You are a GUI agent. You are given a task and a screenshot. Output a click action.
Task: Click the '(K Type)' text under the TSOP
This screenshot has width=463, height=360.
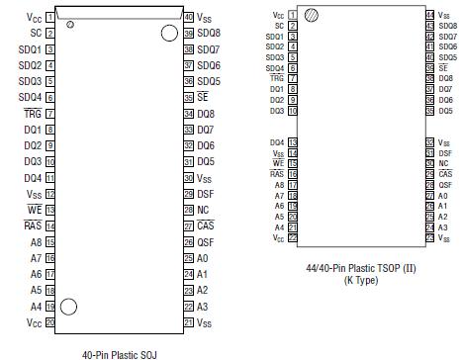pos(361,280)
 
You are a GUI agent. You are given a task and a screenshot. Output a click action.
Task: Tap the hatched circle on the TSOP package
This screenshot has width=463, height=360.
pos(312,16)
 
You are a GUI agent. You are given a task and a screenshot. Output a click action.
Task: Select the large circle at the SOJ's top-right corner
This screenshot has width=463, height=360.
pos(169,35)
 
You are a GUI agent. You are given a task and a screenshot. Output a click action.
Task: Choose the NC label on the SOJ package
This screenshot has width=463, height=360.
pos(203,210)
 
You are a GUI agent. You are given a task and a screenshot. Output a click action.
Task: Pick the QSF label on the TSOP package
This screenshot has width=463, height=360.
pos(446,185)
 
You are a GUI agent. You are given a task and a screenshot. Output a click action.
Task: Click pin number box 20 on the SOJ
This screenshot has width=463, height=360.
pos(49,322)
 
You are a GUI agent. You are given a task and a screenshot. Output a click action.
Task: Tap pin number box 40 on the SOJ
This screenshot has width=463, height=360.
pos(188,17)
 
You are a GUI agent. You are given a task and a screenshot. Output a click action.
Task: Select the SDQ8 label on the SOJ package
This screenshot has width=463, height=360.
pos(209,33)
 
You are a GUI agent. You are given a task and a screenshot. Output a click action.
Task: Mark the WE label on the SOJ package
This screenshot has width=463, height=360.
pos(34,210)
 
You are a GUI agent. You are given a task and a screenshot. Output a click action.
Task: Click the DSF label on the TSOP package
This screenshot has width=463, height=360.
pos(446,153)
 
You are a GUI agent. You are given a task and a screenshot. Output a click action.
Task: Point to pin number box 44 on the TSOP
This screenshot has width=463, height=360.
pos(429,15)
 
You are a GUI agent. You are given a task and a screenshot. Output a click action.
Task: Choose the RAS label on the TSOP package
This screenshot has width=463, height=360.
pos(277,174)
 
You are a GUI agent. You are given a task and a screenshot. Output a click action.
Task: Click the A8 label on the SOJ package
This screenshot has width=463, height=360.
pos(36,242)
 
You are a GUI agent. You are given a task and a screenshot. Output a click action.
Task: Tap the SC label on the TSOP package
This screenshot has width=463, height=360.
pos(280,26)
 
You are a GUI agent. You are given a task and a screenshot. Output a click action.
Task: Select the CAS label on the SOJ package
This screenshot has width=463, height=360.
pos(206,225)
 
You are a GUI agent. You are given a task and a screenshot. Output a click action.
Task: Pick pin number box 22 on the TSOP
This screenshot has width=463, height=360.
pos(292,237)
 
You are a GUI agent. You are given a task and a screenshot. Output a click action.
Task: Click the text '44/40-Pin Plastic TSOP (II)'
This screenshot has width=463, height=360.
pos(361,268)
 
